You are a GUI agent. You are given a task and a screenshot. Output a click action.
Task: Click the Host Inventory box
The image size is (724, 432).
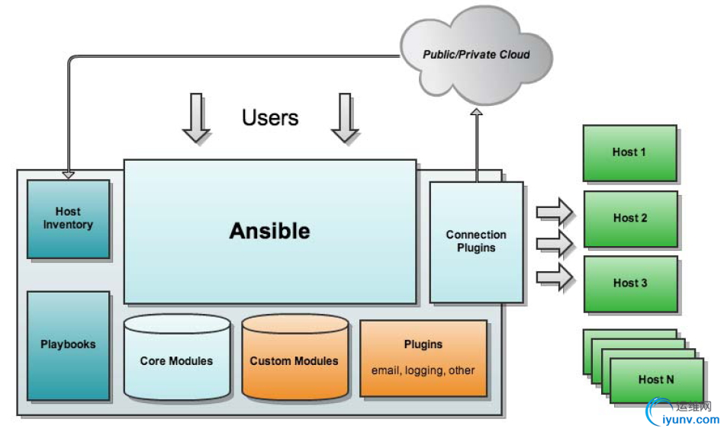pos(68,219)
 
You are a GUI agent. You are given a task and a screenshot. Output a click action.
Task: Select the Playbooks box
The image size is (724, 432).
pos(68,344)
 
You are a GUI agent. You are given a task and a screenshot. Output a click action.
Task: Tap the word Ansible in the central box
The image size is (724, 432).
pos(270,231)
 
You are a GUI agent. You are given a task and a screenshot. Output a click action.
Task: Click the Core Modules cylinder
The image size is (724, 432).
pos(176,360)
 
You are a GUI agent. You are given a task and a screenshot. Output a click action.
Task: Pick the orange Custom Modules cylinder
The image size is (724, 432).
pos(294,360)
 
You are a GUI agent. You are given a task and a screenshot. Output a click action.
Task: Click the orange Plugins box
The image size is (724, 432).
pos(423,358)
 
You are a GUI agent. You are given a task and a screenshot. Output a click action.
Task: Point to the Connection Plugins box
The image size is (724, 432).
pos(476,242)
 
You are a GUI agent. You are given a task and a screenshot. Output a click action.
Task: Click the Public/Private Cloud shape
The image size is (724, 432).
pos(477,55)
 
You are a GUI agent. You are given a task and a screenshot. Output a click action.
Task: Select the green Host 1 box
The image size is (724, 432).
pos(629,152)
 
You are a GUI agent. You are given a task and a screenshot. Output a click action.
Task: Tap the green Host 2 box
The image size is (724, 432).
pos(630,218)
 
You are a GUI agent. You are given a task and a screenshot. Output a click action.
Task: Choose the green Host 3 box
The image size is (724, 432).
pos(630,283)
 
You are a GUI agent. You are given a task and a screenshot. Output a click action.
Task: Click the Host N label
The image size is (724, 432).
pos(656,379)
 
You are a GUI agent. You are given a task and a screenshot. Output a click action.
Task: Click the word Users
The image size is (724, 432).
pos(270,118)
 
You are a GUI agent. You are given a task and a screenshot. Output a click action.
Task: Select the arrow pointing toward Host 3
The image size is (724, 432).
pos(555,277)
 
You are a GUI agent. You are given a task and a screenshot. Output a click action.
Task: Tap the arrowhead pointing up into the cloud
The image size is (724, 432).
pos(477,113)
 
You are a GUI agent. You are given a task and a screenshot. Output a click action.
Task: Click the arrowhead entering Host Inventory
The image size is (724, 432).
pos(68,174)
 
